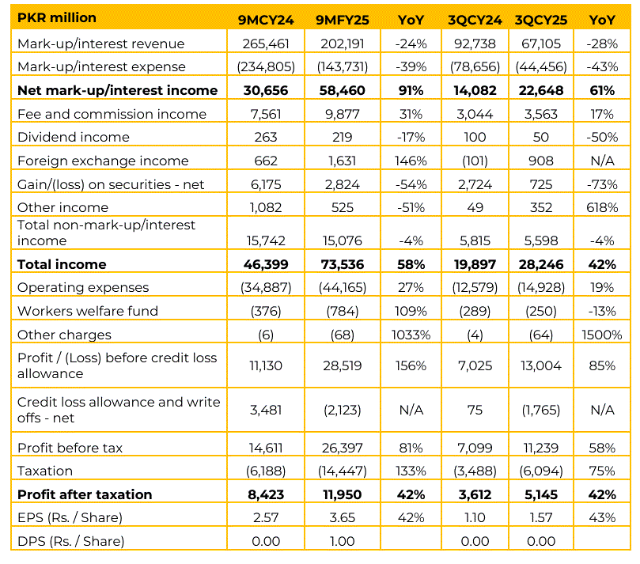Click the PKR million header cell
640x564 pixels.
[57, 17]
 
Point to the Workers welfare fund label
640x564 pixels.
[87, 311]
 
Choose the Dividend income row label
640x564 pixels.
[73, 137]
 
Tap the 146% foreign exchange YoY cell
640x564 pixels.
[411, 161]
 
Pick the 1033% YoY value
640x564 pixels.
[411, 335]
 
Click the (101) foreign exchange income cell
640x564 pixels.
[475, 161]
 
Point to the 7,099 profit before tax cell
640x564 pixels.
[475, 448]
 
